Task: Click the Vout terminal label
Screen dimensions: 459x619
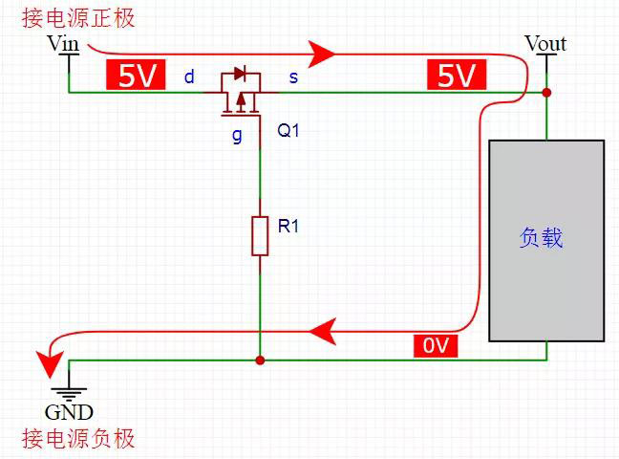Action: (545, 43)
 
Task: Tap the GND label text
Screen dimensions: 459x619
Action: (69, 413)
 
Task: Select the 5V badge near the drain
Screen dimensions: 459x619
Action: (137, 76)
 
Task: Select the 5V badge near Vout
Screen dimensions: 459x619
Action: (456, 76)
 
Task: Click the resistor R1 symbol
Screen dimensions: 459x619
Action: (260, 235)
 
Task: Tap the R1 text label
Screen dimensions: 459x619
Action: (289, 228)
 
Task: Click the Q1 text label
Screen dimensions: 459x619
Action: (288, 131)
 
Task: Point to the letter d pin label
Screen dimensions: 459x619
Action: (189, 76)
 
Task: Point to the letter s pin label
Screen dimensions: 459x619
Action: (292, 76)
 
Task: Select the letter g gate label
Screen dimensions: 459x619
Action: (237, 135)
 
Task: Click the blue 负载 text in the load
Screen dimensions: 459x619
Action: (542, 238)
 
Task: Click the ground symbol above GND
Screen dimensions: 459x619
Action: (69, 391)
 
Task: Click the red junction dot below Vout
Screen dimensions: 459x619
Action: (546, 93)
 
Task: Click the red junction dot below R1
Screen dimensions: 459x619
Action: (260, 361)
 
